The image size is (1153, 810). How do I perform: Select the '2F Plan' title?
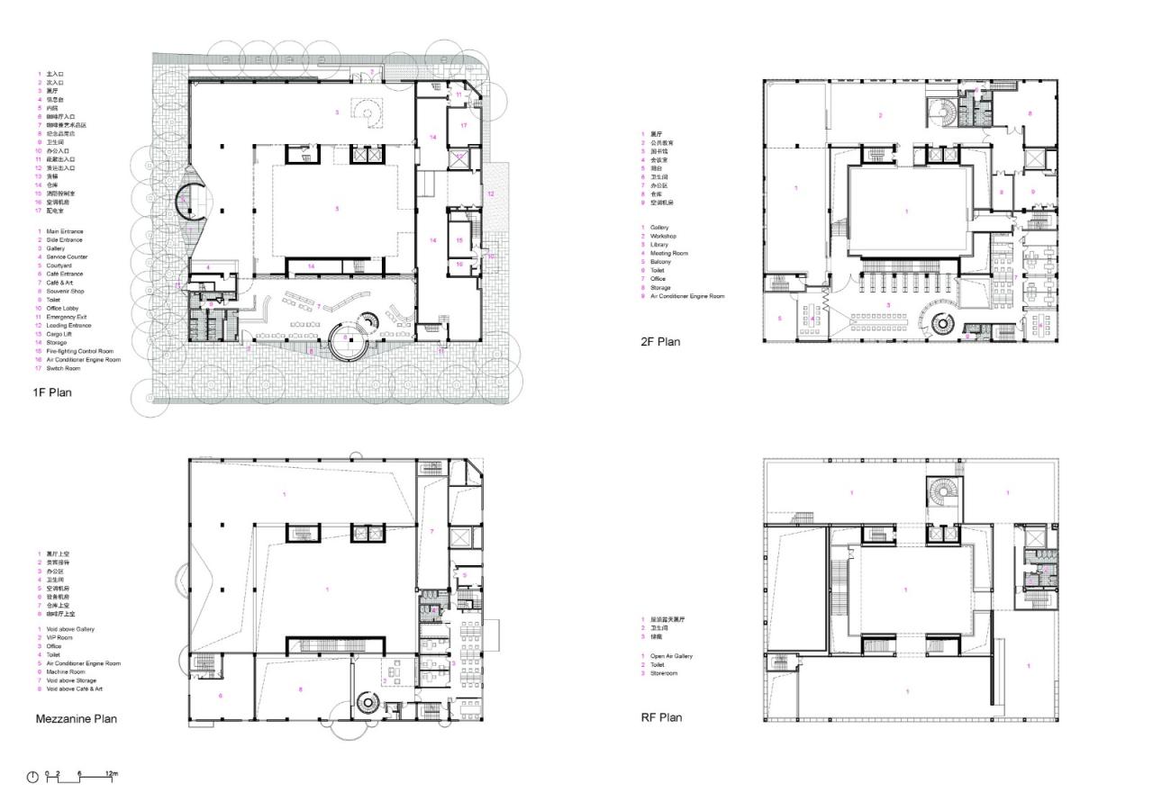tap(659, 342)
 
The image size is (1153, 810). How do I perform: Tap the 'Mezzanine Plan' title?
tap(76, 718)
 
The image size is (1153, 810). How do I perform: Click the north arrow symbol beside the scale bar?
tap(32, 777)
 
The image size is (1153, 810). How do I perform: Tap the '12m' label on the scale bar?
tap(111, 774)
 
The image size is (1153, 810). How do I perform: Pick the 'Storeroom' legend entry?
tap(666, 673)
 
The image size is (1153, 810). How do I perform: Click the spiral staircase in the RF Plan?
tap(940, 493)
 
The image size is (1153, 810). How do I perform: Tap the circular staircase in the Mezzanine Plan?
tap(367, 702)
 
